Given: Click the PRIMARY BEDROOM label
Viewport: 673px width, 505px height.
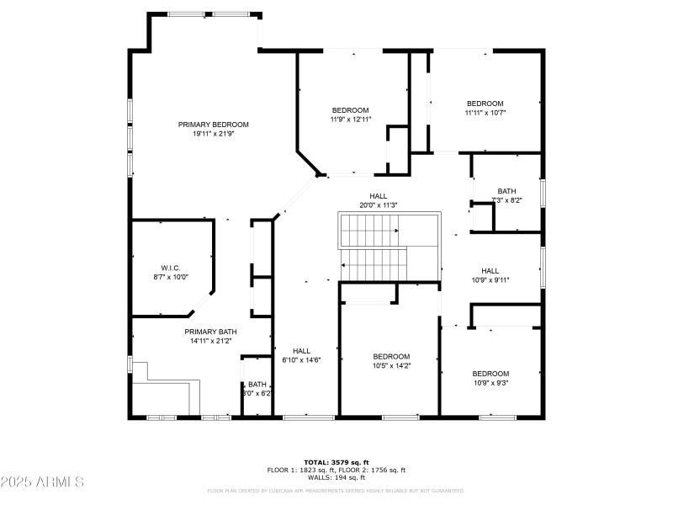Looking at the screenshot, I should [213, 125].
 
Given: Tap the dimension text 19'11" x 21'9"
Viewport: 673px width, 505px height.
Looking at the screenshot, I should [213, 134].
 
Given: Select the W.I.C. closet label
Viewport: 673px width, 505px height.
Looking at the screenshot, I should [171, 267].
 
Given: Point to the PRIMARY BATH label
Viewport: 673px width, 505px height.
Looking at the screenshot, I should [211, 332].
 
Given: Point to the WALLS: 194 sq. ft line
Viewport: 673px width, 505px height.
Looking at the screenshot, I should [336, 477].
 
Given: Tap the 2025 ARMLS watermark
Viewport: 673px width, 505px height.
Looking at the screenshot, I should [42, 482].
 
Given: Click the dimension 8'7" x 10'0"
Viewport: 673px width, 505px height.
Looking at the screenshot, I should [171, 276].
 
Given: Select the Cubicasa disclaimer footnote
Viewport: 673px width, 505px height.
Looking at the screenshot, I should [336, 490].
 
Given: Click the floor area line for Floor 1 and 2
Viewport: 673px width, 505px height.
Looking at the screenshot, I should [336, 470].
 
